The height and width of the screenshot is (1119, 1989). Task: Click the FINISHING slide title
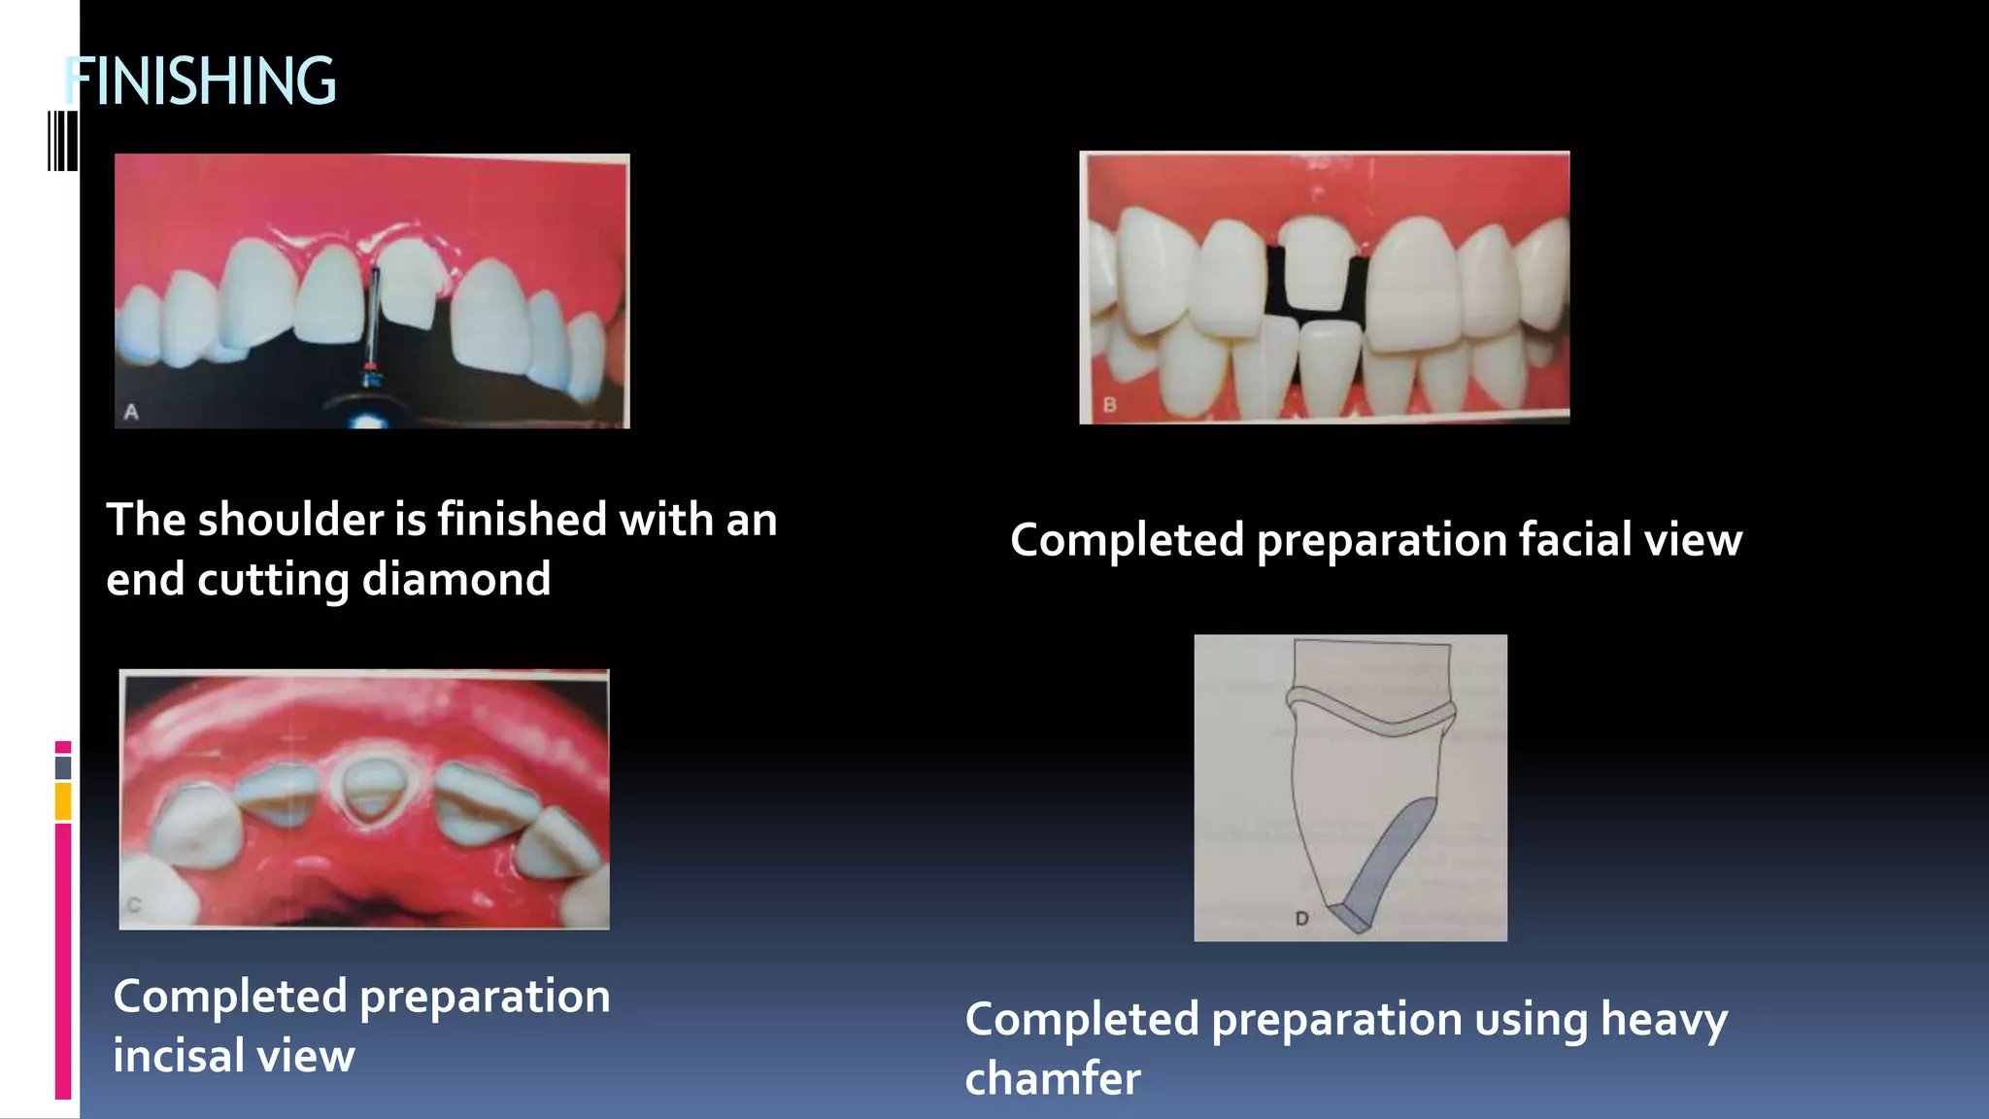pos(200,81)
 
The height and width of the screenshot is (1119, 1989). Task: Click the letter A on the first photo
pos(131,412)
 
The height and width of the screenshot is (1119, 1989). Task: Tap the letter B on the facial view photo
pos(1110,404)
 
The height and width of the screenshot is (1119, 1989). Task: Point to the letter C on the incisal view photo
pos(134,904)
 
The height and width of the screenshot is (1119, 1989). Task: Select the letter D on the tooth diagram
pos(1301,918)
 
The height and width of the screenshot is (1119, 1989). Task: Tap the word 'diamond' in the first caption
pos(456,580)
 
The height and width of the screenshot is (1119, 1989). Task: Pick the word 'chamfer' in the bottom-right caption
pos(1053,1079)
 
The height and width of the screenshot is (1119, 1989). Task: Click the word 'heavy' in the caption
pos(1664,1020)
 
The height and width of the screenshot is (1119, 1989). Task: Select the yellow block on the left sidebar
pos(63,801)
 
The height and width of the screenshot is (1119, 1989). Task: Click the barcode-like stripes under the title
pos(63,142)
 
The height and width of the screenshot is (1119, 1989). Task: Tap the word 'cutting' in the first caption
pos(273,580)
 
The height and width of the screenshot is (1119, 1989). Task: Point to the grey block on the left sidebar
pos(63,767)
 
